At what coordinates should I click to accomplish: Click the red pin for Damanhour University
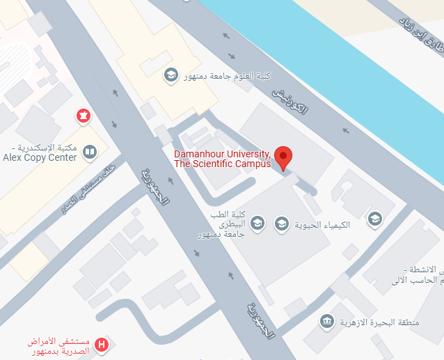click(x=283, y=157)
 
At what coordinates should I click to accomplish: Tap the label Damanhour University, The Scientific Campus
click(x=223, y=158)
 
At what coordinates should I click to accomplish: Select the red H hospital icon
click(x=102, y=344)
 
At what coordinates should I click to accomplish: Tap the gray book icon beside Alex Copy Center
click(x=89, y=151)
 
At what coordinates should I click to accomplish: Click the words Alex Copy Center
click(x=40, y=158)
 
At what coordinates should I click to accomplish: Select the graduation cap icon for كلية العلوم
click(x=171, y=75)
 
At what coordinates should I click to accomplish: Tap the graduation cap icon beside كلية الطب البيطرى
click(x=257, y=223)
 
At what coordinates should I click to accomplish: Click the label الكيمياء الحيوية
click(x=322, y=224)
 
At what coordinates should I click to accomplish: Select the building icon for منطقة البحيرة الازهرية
click(x=326, y=321)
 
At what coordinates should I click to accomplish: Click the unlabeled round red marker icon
click(x=84, y=115)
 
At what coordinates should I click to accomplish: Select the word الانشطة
click(x=426, y=269)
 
